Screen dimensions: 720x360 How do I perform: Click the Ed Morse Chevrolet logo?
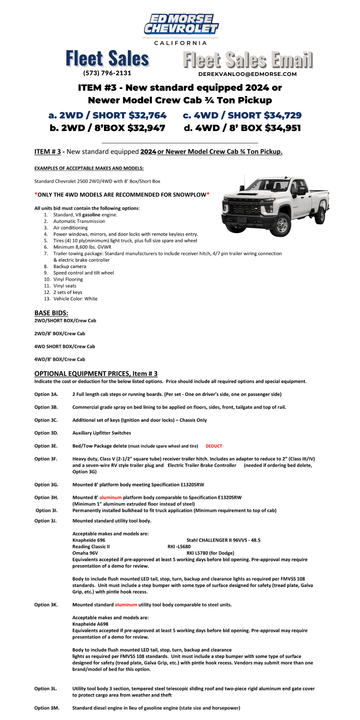pos(181,24)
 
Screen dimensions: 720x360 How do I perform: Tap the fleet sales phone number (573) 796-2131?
pos(107,73)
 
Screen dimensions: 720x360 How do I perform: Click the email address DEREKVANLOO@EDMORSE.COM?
pos(247,74)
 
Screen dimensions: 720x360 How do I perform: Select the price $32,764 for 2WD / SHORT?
pos(148,115)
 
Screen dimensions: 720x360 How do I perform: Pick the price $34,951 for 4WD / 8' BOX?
pos(283,128)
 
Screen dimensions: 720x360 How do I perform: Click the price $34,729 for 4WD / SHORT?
pos(283,115)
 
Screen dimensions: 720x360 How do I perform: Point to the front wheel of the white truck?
pos(282,224)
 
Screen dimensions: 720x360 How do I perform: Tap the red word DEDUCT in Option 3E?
pos(214,446)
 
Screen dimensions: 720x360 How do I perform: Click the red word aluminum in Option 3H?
pos(111,498)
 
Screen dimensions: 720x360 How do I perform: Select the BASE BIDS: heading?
pos(51,313)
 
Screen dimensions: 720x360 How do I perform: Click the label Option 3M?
pos(47,708)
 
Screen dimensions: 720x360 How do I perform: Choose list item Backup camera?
pos(70,266)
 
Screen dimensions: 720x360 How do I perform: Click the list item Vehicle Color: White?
pos(75,299)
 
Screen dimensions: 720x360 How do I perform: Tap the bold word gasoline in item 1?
pos(91,215)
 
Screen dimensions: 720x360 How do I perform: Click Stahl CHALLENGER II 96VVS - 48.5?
pos(223,540)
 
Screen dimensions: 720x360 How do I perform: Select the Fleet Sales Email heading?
pos(248,60)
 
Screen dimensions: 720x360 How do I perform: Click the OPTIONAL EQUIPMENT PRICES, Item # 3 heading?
pos(96,373)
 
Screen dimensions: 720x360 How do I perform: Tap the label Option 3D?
pos(46,433)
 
